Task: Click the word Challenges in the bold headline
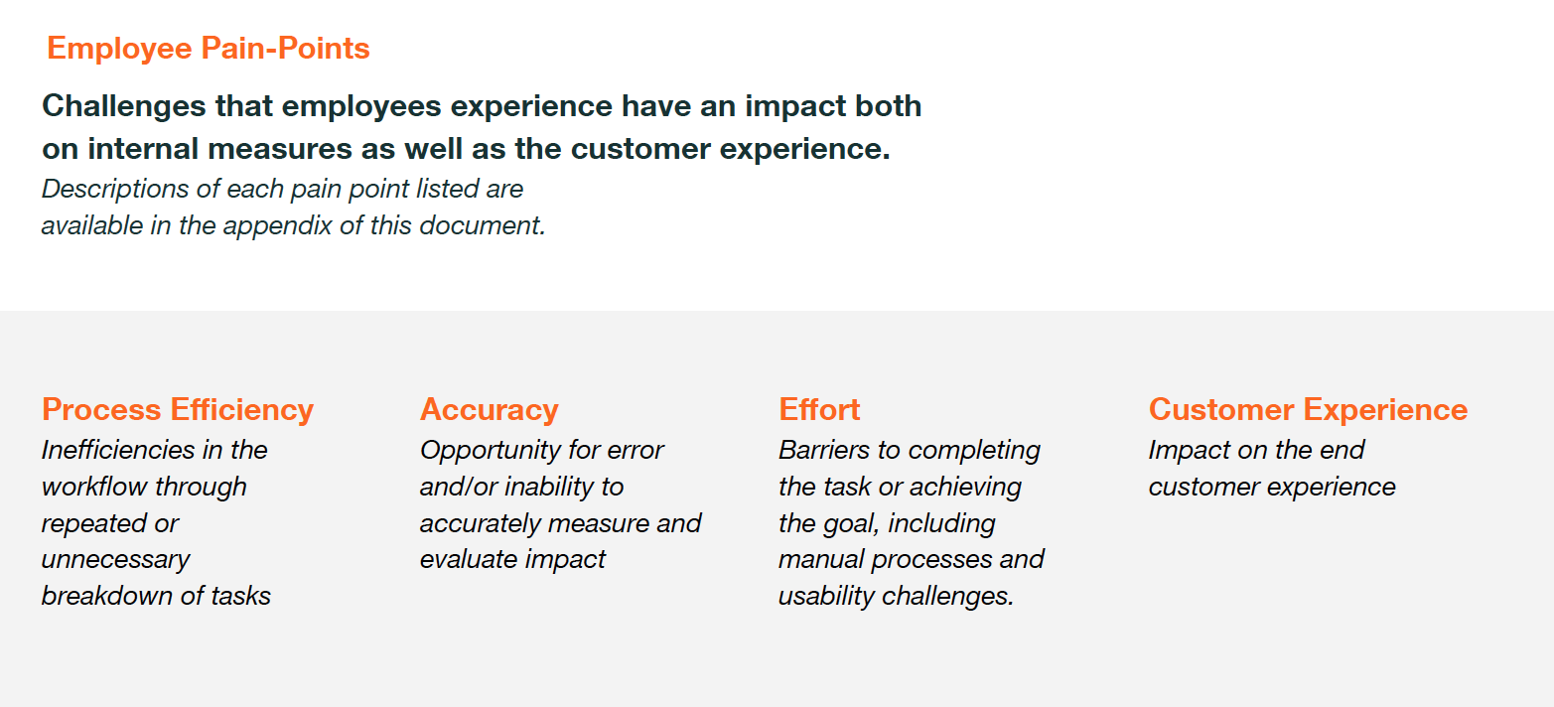(x=124, y=107)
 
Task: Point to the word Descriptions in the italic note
(x=115, y=190)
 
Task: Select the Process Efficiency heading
(x=178, y=410)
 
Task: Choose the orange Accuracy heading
(x=490, y=410)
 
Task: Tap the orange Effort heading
(x=819, y=409)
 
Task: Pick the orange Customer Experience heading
(x=1309, y=410)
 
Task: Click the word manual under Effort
(x=821, y=559)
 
